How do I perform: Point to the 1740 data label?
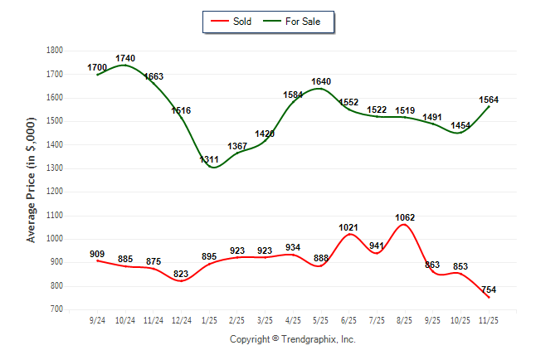click(x=125, y=59)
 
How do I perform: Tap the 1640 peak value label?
click(x=321, y=81)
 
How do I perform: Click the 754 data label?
click(x=490, y=289)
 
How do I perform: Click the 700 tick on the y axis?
click(x=56, y=309)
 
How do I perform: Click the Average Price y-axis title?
click(x=32, y=179)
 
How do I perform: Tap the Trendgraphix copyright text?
click(x=292, y=340)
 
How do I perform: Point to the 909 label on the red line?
click(x=97, y=253)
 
